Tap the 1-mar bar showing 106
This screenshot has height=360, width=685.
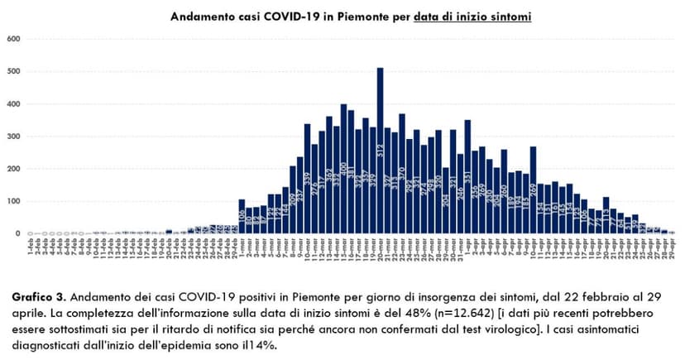(242, 217)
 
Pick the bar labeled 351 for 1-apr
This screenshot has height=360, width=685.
(467, 177)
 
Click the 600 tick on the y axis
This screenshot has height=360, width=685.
(13, 40)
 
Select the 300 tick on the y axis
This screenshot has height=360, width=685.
(13, 137)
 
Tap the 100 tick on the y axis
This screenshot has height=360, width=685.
(13, 201)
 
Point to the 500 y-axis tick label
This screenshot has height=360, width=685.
(13, 72)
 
